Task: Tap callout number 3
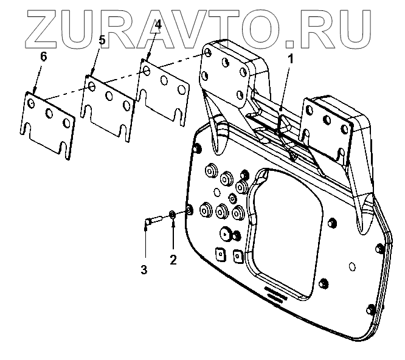144,269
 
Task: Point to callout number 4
157,25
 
